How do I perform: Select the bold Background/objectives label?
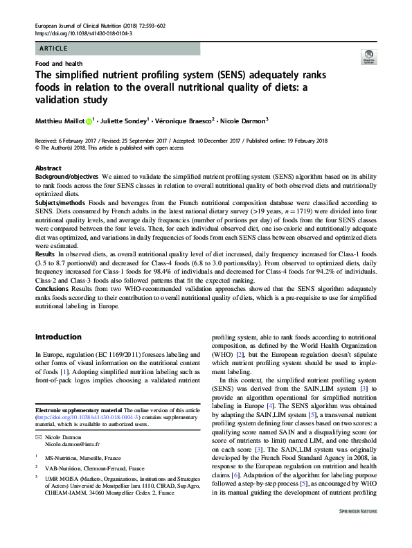click(67, 178)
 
